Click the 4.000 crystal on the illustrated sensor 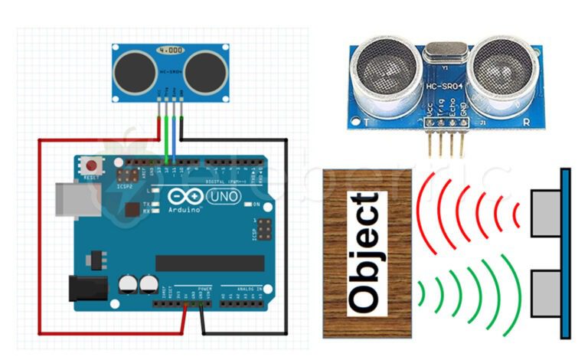coord(170,51)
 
